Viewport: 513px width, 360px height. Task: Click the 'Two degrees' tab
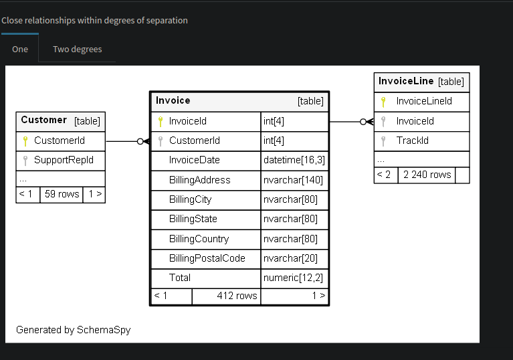77,49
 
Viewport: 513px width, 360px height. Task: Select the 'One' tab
20,49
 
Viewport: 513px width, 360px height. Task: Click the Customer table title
44,120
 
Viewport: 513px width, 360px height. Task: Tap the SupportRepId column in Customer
64,161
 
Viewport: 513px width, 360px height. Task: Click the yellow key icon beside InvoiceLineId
383,102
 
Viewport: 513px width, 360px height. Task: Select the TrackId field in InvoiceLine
412,141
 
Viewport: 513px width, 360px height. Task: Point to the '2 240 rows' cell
427,175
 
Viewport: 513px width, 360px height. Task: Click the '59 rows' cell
62,195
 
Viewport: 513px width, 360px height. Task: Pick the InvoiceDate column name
194,161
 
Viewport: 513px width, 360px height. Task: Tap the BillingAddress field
199,180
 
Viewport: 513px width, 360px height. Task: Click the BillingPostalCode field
207,258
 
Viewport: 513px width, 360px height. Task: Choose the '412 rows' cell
236,296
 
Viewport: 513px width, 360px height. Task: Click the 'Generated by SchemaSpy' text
74,330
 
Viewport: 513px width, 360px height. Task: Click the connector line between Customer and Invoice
122,141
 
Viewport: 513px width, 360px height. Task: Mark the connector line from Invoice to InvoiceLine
344,122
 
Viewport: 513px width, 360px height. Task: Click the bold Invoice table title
173,100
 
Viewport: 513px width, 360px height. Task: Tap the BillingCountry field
199,239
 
